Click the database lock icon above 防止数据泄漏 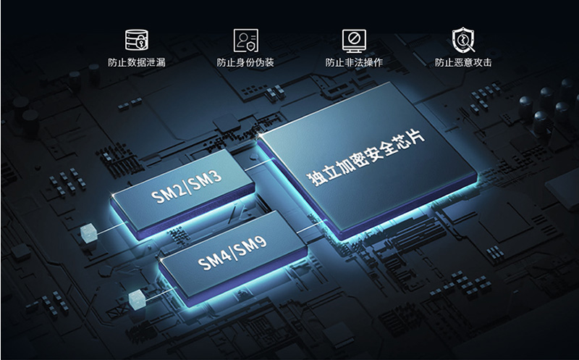tap(137, 40)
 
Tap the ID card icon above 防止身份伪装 tap(245, 41)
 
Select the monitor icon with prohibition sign tap(354, 41)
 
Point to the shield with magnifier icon tap(463, 40)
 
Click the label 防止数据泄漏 tap(137, 62)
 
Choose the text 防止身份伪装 tap(245, 62)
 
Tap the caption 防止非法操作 tap(354, 62)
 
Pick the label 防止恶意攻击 tap(463, 62)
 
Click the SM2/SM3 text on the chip tap(187, 186)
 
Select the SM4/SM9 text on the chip tap(232, 253)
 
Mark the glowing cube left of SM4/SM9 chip tap(137, 299)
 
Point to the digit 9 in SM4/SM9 tap(260, 243)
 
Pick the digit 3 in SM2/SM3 tap(216, 176)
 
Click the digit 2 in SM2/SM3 tap(177, 191)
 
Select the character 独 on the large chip tap(314, 178)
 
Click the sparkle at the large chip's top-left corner tap(261, 135)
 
